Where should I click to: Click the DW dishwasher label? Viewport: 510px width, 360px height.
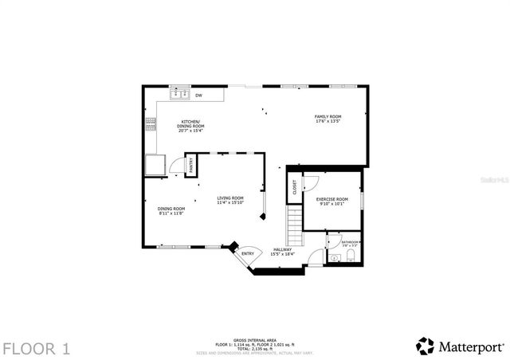click(x=198, y=95)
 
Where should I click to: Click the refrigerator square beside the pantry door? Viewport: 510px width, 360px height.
click(x=154, y=164)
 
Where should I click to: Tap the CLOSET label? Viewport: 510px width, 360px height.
click(x=294, y=187)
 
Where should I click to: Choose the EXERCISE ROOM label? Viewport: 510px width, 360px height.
click(x=331, y=198)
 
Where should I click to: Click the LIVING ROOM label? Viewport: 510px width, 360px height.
click(x=230, y=198)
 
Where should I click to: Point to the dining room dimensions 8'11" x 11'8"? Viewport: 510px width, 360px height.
click(x=171, y=213)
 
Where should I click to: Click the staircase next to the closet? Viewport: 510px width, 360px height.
click(x=295, y=226)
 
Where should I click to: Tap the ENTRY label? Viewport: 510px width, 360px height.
click(x=248, y=253)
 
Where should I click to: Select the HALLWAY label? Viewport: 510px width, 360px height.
click(x=282, y=248)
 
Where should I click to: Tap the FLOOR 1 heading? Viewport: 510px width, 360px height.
click(x=36, y=347)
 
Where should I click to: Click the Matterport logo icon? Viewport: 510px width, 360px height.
click(x=426, y=346)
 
